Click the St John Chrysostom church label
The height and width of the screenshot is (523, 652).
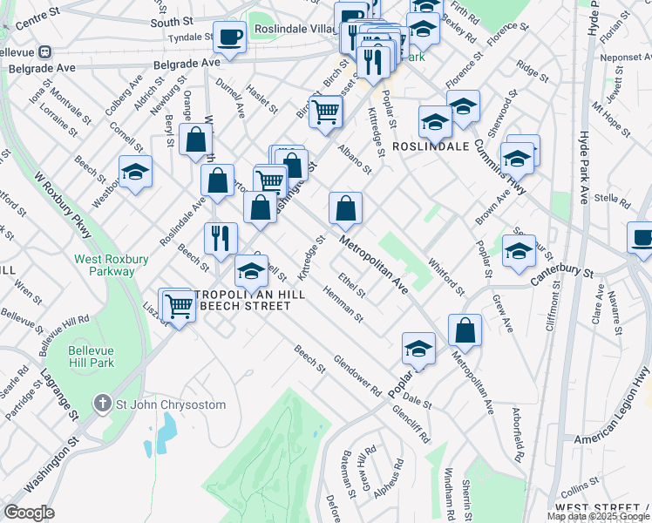pyautogui.click(x=171, y=404)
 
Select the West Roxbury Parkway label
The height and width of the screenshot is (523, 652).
pyautogui.click(x=111, y=265)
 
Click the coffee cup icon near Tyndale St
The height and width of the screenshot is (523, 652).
pyautogui.click(x=229, y=38)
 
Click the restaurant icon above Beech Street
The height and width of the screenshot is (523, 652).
pyautogui.click(x=221, y=238)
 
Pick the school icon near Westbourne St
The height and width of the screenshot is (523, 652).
pyautogui.click(x=135, y=173)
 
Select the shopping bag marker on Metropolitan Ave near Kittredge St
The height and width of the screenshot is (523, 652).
pyautogui.click(x=346, y=209)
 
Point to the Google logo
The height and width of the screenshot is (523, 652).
pyautogui.click(x=29, y=513)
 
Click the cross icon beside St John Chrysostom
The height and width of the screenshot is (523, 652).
pyautogui.click(x=103, y=404)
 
